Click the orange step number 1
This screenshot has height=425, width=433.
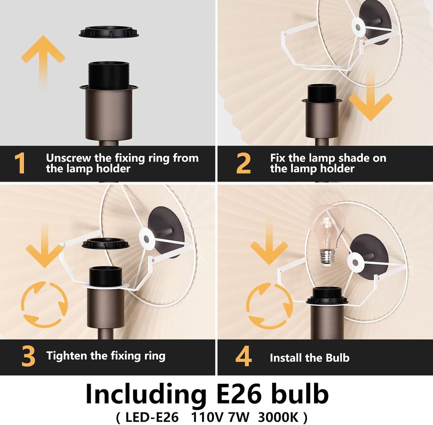coord(20,163)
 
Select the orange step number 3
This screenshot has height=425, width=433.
coord(28,356)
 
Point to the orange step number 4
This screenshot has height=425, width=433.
coord(244,356)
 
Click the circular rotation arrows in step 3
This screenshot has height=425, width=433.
coord(44,304)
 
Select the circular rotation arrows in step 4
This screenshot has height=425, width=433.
coord(269,306)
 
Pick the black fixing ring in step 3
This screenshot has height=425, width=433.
coord(105,243)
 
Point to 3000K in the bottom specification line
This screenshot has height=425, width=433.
coord(278,418)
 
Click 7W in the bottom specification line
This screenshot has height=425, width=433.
coord(239,418)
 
